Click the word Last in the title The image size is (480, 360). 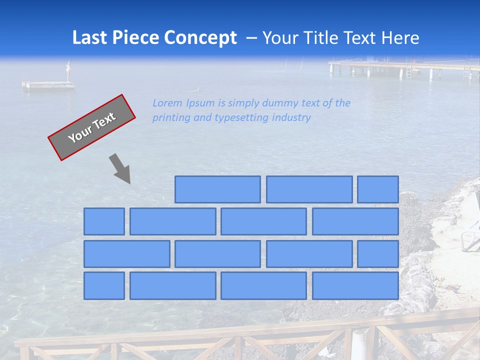90,38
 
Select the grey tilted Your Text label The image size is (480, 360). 91,127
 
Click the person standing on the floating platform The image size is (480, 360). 69,70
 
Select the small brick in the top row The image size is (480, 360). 378,189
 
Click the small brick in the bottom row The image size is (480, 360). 104,285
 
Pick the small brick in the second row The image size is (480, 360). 104,221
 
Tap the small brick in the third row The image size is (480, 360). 378,253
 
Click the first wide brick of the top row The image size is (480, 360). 217,189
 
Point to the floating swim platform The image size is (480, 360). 48,85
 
